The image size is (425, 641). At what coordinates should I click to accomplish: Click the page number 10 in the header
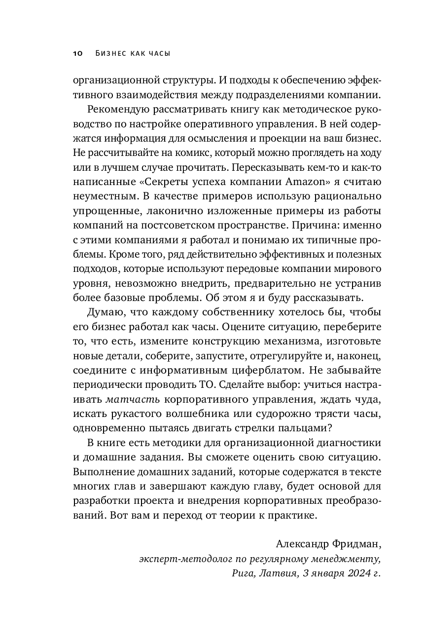click(78, 53)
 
